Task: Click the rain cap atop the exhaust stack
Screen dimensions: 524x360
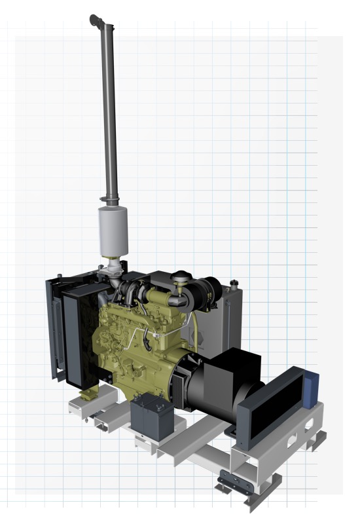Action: point(98,20)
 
